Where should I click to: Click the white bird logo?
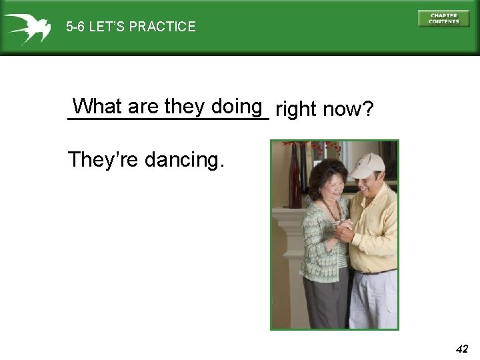(x=26, y=27)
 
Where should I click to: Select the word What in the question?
(x=97, y=107)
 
